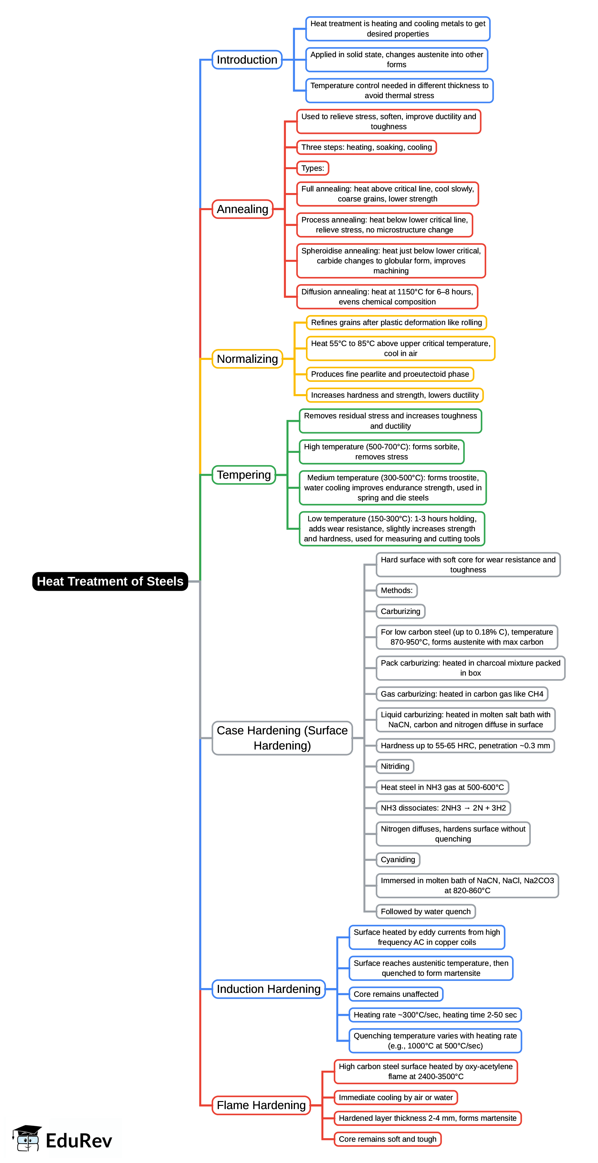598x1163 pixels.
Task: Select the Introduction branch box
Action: [x=247, y=60]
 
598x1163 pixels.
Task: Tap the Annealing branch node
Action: [x=242, y=209]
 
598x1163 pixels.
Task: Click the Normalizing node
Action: [x=247, y=359]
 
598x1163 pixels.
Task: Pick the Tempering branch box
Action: [x=244, y=475]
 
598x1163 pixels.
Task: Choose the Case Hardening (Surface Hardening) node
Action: [x=282, y=738]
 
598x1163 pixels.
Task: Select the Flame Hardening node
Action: [x=261, y=1105]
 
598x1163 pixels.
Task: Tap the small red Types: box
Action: [x=312, y=168]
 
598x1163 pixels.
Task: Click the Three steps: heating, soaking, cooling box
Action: [x=366, y=147]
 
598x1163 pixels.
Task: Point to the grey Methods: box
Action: [x=396, y=590]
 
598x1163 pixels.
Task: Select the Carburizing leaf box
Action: [x=400, y=611]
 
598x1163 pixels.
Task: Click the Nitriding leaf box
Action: [x=394, y=766]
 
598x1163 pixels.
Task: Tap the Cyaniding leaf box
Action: [x=398, y=859]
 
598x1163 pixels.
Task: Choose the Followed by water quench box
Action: [x=425, y=911]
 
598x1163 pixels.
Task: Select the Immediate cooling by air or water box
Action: [x=395, y=1097]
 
